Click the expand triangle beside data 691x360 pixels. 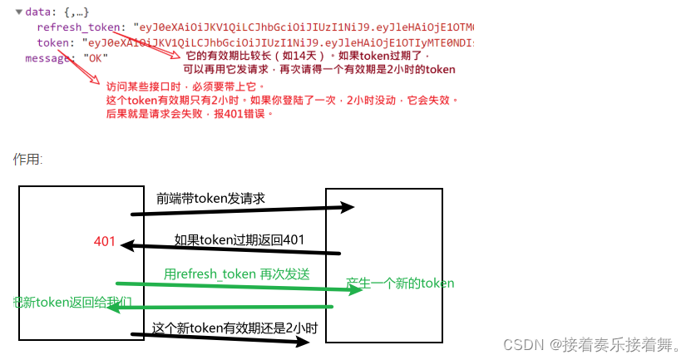[x=18, y=12]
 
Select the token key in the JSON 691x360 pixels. [x=52, y=42]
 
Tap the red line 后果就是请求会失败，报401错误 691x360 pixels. [x=190, y=115]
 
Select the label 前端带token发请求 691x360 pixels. [x=210, y=199]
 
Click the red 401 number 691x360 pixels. [x=105, y=242]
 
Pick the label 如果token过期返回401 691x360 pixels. [x=239, y=240]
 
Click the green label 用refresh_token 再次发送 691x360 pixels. [x=236, y=274]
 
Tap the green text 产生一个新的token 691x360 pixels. [x=400, y=284]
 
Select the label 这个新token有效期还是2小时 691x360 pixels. [x=234, y=328]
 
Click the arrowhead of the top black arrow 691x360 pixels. [x=349, y=207]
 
